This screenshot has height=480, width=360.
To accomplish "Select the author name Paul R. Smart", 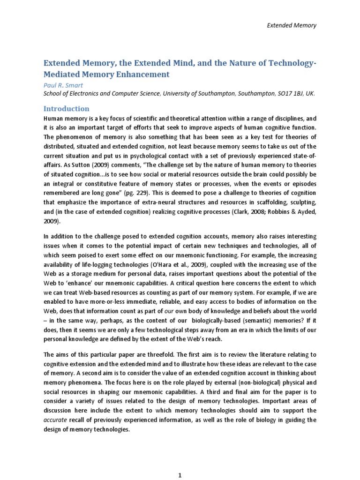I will [63, 85].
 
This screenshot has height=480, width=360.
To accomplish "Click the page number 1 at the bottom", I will [180, 462].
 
